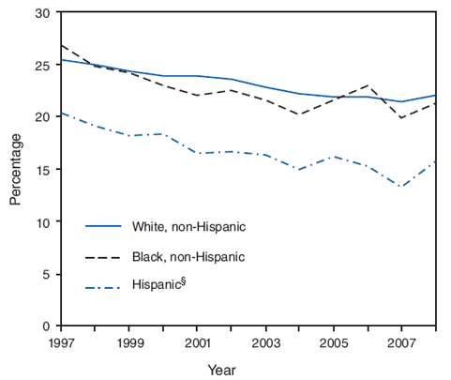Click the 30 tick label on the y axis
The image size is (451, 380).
click(41, 13)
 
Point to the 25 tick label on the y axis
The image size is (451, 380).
click(41, 66)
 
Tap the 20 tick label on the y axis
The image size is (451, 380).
click(41, 117)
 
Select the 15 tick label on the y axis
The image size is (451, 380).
click(41, 170)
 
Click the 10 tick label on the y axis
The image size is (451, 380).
click(41, 222)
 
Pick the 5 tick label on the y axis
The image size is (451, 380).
click(45, 274)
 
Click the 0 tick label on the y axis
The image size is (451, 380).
click(45, 327)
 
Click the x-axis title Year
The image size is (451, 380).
click(235, 370)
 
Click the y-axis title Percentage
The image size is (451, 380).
click(15, 169)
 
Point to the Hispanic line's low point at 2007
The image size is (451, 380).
click(401, 187)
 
